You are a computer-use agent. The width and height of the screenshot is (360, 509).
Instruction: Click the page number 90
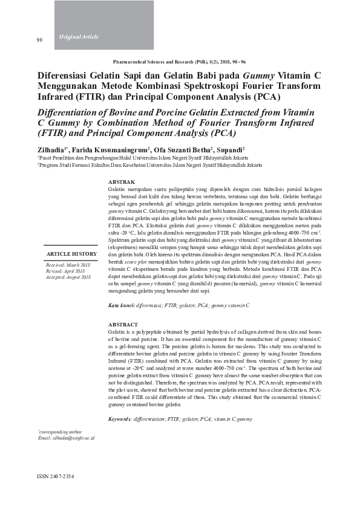(39, 41)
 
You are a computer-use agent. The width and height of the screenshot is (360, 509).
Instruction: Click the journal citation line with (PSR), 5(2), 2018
(179, 62)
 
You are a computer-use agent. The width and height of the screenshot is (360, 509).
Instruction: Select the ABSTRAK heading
(121, 182)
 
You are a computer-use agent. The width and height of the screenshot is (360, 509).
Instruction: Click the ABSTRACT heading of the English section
(123, 325)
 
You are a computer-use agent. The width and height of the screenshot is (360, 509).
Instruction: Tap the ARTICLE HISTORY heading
(71, 254)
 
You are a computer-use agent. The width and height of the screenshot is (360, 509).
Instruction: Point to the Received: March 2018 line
(68, 265)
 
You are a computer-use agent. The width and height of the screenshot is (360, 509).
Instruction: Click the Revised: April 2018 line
(65, 271)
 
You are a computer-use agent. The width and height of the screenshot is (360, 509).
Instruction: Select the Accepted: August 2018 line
(68, 277)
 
